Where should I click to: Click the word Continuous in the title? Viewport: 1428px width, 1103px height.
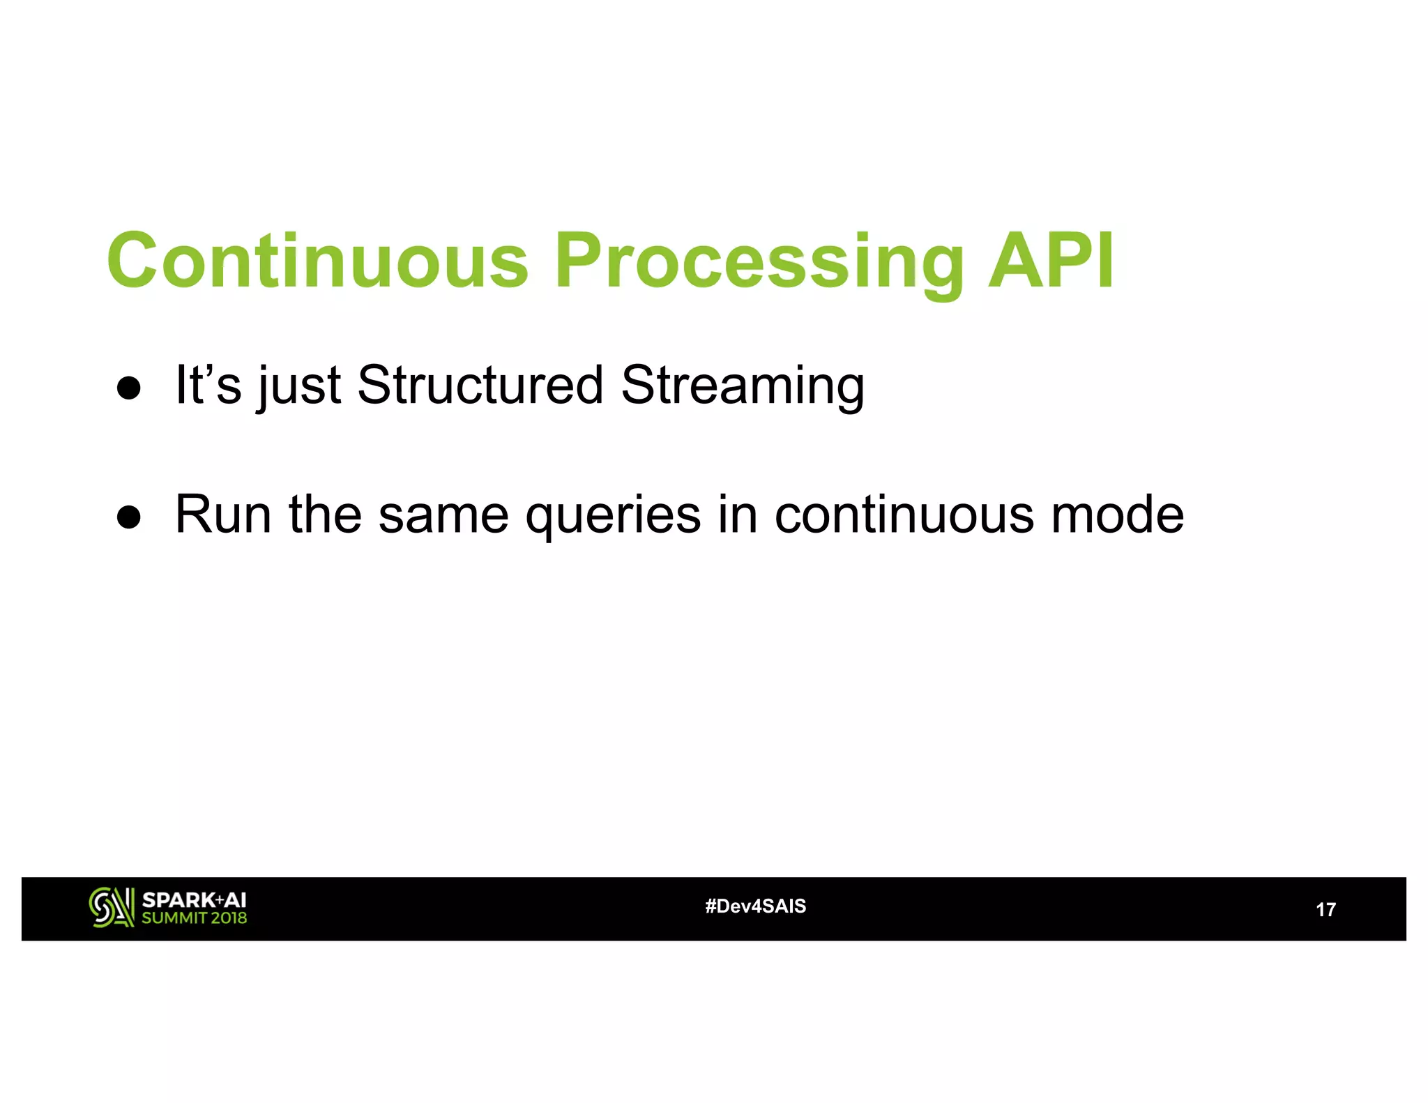click(x=317, y=260)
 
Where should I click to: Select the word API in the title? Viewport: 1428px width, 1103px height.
click(x=1051, y=260)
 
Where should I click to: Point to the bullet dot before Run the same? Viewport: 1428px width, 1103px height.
click(x=129, y=517)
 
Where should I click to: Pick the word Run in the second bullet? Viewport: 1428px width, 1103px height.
click(x=222, y=514)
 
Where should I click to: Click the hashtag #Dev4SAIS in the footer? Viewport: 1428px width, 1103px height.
click(x=755, y=906)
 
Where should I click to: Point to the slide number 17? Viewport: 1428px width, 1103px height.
click(x=1325, y=909)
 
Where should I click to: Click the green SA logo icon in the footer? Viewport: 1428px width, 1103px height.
click(x=111, y=907)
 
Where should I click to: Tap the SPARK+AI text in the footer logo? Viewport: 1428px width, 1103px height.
click(x=194, y=899)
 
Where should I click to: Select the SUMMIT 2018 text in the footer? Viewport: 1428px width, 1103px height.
click(x=194, y=918)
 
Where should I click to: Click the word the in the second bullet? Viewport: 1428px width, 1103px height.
click(x=325, y=514)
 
